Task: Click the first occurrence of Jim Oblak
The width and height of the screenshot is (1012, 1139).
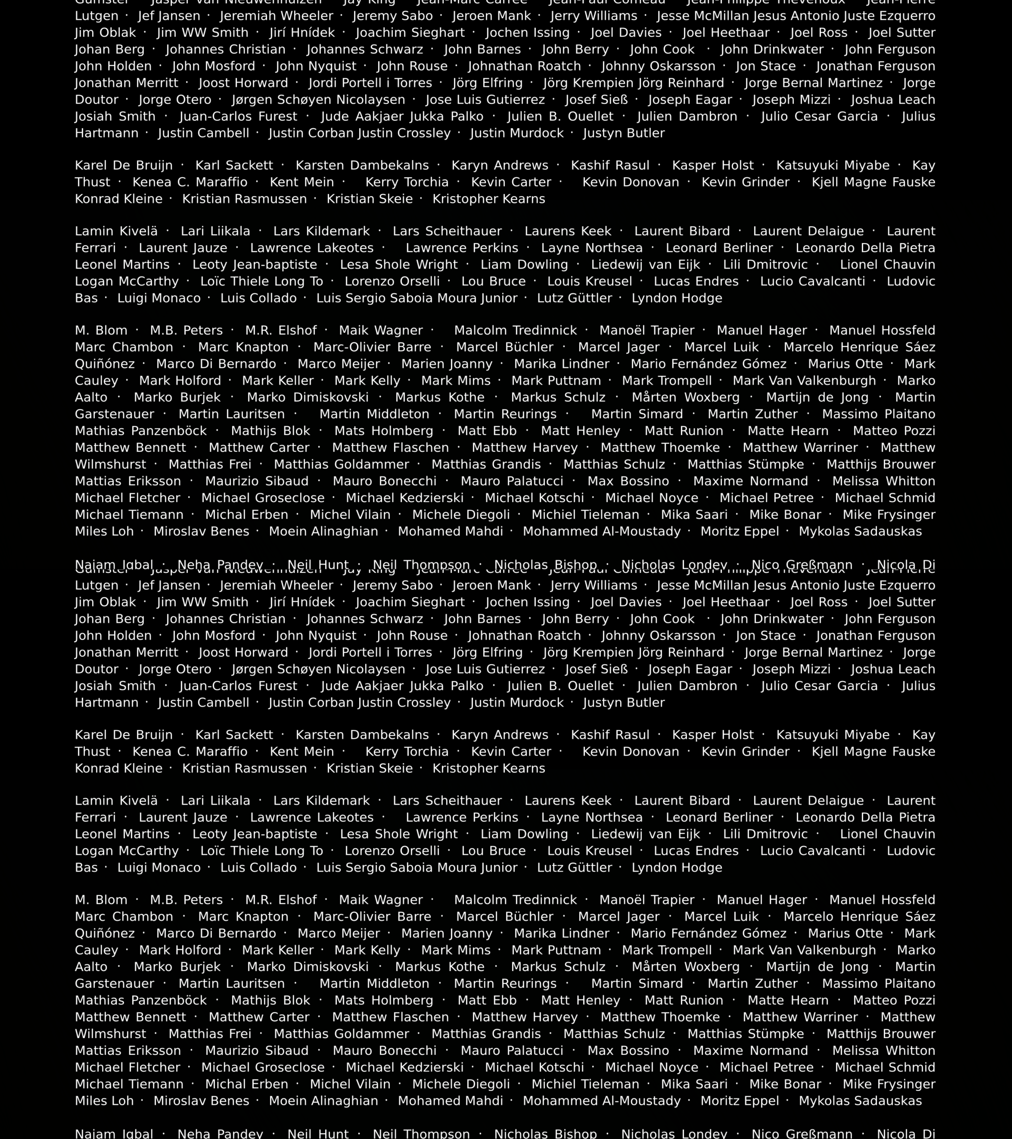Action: [x=105, y=33]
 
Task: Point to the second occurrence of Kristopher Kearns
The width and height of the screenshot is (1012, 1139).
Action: [x=489, y=768]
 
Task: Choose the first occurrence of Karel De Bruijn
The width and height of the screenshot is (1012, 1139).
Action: [x=124, y=166]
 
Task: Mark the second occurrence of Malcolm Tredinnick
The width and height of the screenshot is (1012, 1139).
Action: [x=515, y=900]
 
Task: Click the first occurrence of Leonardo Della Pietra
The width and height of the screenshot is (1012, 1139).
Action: [x=865, y=248]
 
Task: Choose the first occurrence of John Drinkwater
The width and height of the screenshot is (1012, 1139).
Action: [x=771, y=50]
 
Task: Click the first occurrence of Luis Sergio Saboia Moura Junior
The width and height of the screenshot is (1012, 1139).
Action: [x=417, y=298]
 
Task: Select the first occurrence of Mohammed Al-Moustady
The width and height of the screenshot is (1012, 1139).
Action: [x=602, y=532]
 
